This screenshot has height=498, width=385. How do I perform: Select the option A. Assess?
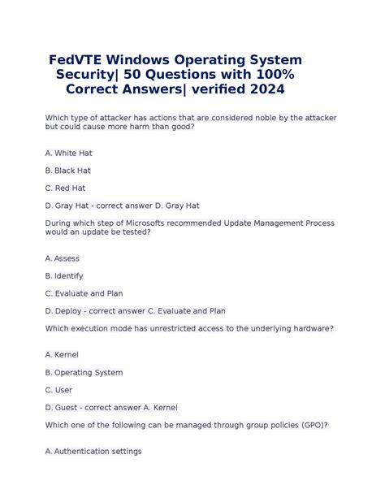coord(63,258)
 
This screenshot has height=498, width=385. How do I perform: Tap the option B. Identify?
coord(64,275)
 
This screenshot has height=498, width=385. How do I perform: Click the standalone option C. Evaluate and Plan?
coord(84,293)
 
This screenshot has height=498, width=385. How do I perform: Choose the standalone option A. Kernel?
coord(63,355)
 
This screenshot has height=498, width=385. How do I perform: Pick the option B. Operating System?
coord(84,372)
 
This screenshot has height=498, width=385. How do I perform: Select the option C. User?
coord(60,390)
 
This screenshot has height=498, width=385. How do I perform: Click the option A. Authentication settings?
coord(93,451)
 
